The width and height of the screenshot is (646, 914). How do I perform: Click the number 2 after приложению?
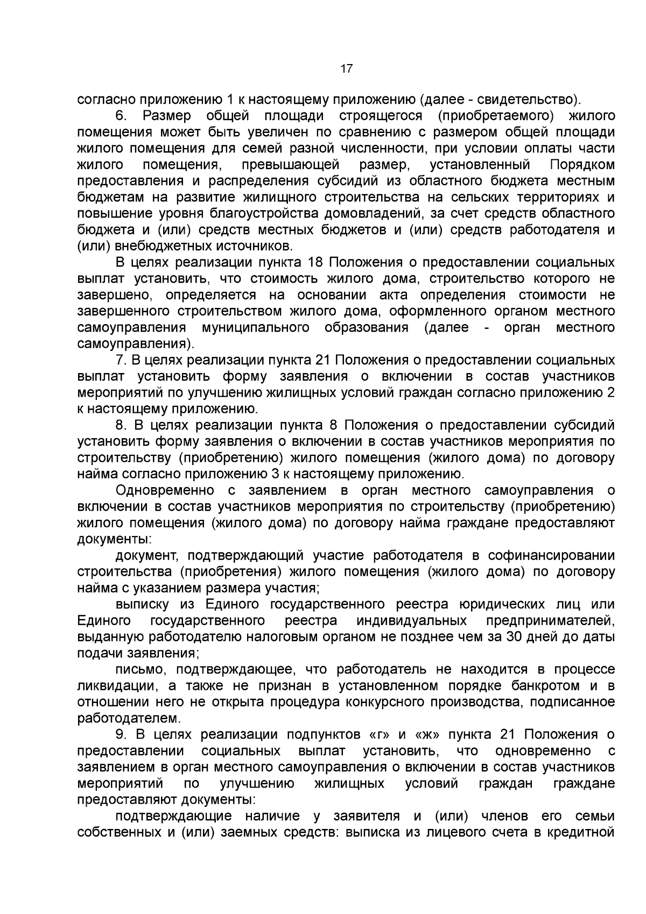610,392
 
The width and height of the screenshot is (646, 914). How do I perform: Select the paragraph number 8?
121,425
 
